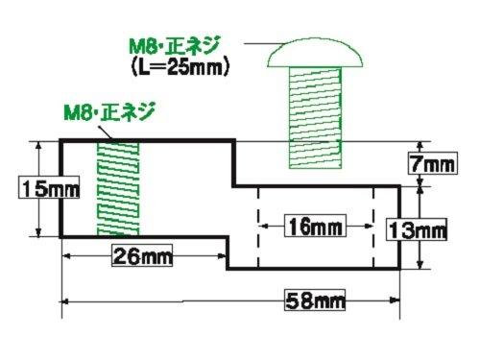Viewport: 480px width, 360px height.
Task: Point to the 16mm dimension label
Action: click(314, 228)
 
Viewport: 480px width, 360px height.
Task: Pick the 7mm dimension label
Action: click(428, 164)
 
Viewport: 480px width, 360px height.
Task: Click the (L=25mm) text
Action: click(180, 68)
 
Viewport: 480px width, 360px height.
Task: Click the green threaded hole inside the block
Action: click(117, 189)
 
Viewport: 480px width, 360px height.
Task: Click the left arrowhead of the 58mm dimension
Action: click(66, 300)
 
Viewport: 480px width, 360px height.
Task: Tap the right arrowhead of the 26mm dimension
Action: click(223, 256)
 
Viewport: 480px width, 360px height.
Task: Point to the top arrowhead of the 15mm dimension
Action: click(39, 146)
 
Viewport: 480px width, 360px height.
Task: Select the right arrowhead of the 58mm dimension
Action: click(396, 300)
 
